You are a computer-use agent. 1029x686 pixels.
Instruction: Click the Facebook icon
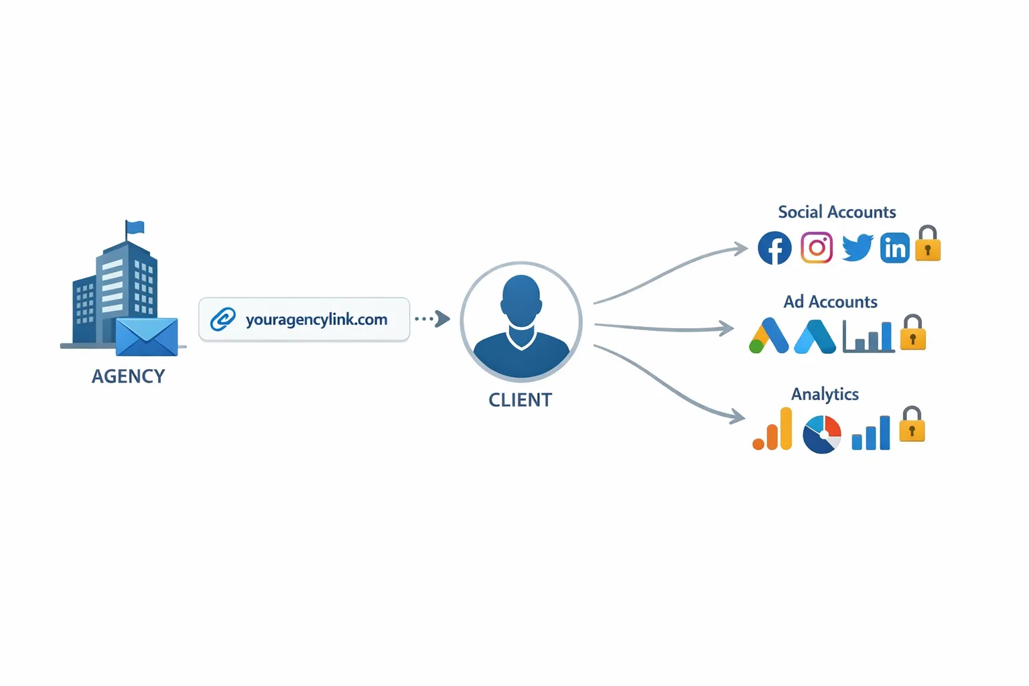774,248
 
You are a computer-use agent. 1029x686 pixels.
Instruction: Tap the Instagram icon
817,248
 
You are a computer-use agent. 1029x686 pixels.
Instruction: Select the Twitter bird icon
857,247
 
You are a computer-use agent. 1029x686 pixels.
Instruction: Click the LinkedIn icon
895,249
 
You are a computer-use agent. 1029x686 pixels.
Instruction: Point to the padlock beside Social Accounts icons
928,245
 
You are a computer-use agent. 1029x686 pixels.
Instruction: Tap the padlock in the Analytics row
912,426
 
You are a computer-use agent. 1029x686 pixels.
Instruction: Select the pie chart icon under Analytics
822,434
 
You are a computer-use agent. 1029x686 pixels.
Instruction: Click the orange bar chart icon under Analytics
773,430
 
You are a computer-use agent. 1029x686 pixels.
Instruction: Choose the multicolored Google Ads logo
768,336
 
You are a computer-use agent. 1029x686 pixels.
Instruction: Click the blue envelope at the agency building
147,337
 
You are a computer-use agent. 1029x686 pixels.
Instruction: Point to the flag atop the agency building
135,228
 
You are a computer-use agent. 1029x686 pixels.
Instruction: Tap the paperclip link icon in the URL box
223,320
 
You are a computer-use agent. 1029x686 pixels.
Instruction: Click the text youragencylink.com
316,320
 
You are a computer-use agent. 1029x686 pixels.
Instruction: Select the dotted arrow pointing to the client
433,319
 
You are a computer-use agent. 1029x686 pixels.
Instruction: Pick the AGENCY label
128,376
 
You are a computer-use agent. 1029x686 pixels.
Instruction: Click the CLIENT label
521,400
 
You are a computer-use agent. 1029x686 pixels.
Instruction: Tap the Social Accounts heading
837,212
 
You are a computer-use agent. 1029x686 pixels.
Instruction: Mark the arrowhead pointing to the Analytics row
738,416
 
